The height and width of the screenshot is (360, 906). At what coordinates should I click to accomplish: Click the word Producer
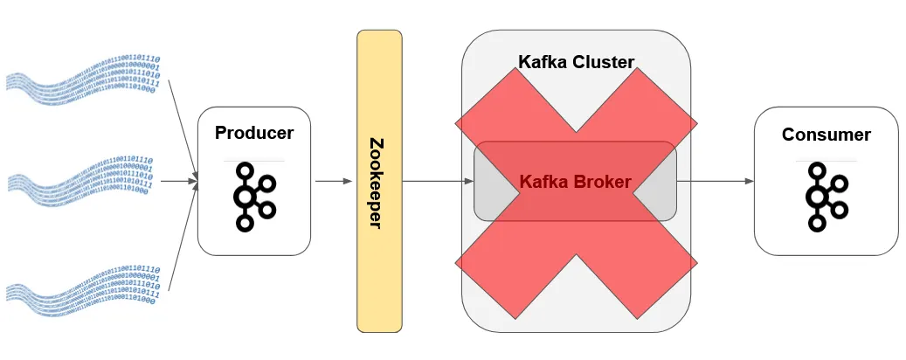click(254, 134)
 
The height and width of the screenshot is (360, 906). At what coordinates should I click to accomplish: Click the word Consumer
click(826, 135)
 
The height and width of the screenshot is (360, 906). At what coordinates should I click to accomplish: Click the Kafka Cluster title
click(576, 62)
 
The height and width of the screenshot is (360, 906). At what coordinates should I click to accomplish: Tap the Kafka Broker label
click(575, 182)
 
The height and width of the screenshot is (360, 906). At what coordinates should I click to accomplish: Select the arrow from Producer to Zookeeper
click(334, 182)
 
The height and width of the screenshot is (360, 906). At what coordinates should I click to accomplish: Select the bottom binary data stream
click(83, 288)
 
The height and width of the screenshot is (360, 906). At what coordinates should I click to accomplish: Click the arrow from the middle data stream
click(179, 182)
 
